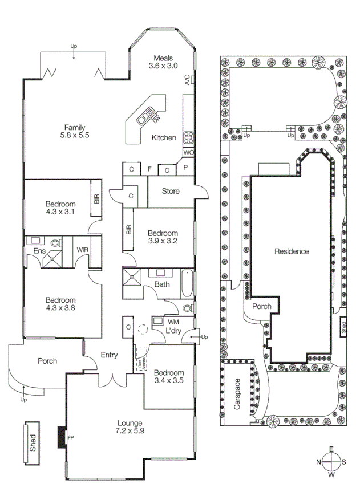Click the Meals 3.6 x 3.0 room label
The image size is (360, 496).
tap(163, 62)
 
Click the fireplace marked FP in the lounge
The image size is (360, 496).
tap(61, 437)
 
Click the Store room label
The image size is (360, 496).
tap(171, 191)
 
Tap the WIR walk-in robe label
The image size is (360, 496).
tap(83, 250)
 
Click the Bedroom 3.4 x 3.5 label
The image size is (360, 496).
tap(168, 377)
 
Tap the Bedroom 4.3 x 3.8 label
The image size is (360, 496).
tap(60, 304)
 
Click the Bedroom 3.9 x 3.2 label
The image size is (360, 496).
tap(163, 237)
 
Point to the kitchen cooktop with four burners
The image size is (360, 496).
tap(188, 137)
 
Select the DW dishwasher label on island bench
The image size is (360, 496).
tap(155, 117)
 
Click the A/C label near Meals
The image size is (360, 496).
tap(187, 80)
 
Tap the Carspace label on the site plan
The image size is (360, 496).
tap(237, 395)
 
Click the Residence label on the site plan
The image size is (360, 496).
tap(291, 251)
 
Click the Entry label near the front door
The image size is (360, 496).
tap(108, 355)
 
